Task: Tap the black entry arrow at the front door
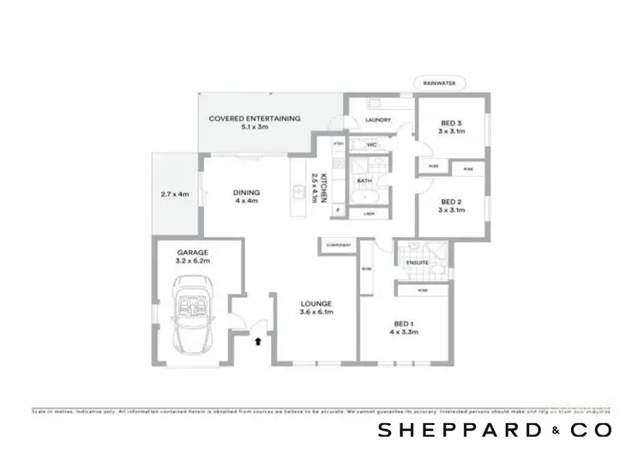(258, 342)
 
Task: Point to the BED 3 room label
(451, 127)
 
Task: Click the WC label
(372, 145)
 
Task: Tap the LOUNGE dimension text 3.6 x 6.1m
(315, 312)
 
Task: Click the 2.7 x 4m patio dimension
(174, 195)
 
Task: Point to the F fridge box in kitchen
(339, 209)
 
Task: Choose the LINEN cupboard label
(370, 214)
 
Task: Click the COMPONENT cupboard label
(338, 246)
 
